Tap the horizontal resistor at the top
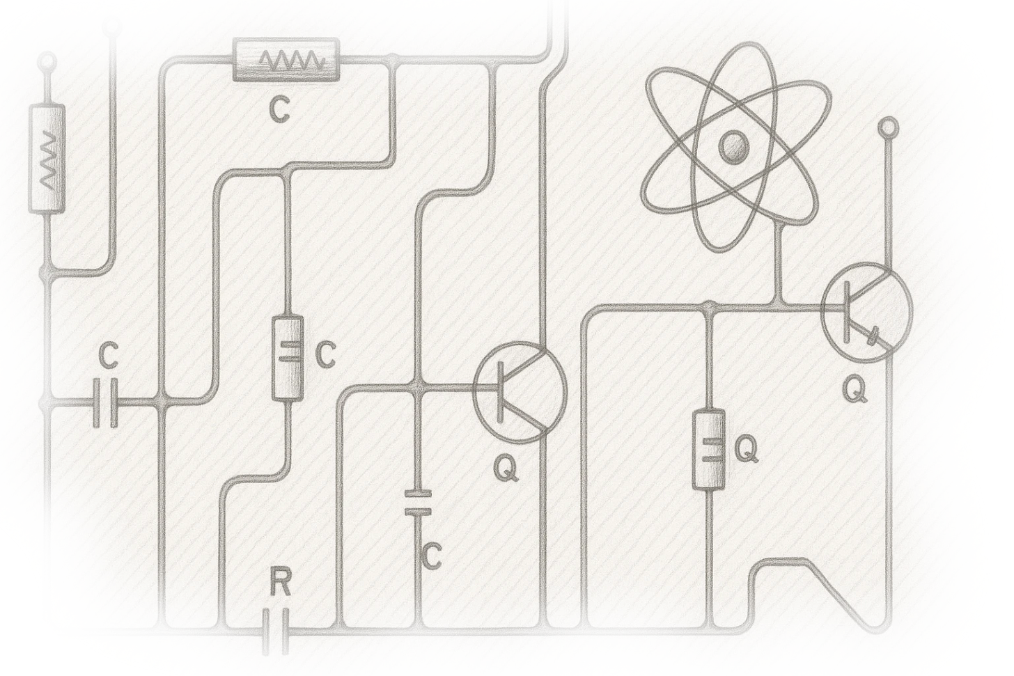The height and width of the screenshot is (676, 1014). (x=287, y=60)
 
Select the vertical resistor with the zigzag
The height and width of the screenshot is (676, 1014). (x=47, y=159)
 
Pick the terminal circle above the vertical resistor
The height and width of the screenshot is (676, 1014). (x=47, y=63)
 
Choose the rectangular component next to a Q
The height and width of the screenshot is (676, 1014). (x=709, y=450)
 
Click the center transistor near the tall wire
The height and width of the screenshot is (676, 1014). (x=520, y=392)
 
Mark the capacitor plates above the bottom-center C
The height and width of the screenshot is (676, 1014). (x=419, y=503)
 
